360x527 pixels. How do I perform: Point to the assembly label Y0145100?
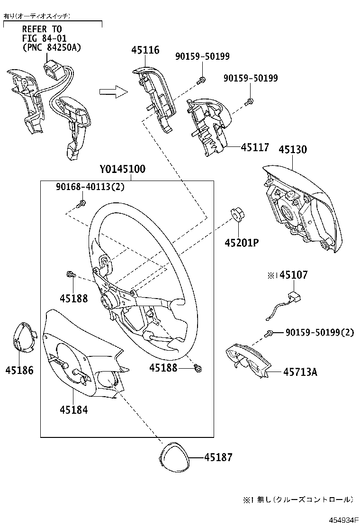122,170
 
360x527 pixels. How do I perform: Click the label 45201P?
241,243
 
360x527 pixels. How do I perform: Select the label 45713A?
300,372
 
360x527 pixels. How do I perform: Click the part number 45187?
218,457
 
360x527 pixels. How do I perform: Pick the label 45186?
19,370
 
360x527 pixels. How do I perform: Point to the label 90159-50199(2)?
319,333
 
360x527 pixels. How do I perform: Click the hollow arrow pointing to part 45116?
114,91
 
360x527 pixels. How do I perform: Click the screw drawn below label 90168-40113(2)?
81,204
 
